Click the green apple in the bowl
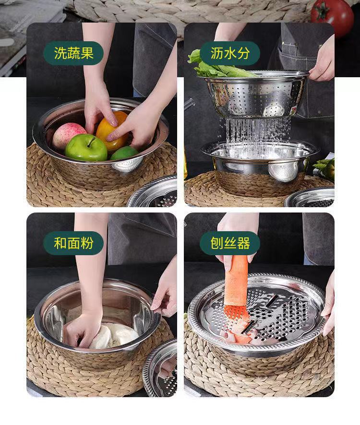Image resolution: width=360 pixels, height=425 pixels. tap(86, 147)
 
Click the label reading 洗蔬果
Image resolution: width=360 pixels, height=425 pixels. tap(73, 53)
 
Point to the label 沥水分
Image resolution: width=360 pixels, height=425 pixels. tap(230, 53)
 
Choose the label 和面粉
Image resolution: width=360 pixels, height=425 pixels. tap(73, 243)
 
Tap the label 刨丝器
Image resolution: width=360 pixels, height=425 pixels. tap(230, 243)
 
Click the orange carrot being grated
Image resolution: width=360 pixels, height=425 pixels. tap(236, 288)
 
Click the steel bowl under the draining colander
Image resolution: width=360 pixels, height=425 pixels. tap(259, 165)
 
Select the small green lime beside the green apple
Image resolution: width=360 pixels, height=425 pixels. tap(124, 153)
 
